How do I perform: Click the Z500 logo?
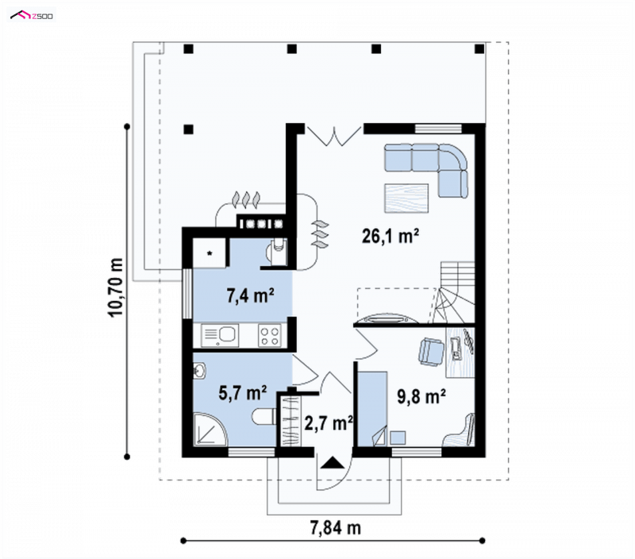32,16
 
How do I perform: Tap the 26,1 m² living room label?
390,236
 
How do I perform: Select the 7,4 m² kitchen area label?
250,295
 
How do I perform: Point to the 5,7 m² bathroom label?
243,392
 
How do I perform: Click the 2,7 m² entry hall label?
329,423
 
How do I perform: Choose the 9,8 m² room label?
421,396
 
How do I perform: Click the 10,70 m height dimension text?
115,287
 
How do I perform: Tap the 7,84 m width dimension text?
335,528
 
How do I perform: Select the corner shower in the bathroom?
210,430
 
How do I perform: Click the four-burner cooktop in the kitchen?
270,336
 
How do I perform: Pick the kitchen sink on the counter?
220,336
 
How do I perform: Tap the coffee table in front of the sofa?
406,198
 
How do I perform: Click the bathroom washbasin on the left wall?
199,371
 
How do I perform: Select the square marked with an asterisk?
209,253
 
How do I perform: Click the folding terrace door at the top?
334,136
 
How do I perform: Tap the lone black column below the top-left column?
188,129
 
